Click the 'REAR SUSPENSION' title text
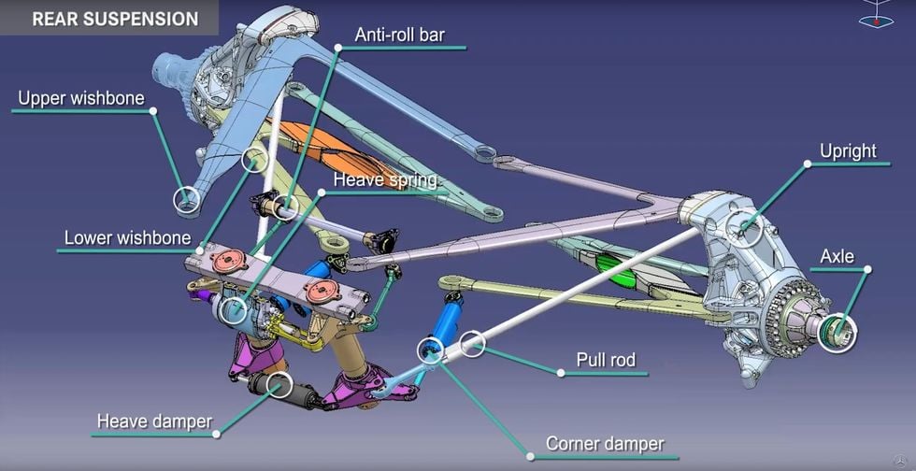click(115, 19)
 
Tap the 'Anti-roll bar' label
click(400, 36)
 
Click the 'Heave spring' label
click(385, 179)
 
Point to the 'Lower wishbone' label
click(127, 238)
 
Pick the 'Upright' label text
click(848, 151)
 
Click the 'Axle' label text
click(837, 256)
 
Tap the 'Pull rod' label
click(606, 360)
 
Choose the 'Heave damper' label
click(154, 421)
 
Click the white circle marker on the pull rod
click(473, 344)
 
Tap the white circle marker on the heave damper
click(279, 384)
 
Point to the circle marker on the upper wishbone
click(187, 199)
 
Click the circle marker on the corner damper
click(430, 350)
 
